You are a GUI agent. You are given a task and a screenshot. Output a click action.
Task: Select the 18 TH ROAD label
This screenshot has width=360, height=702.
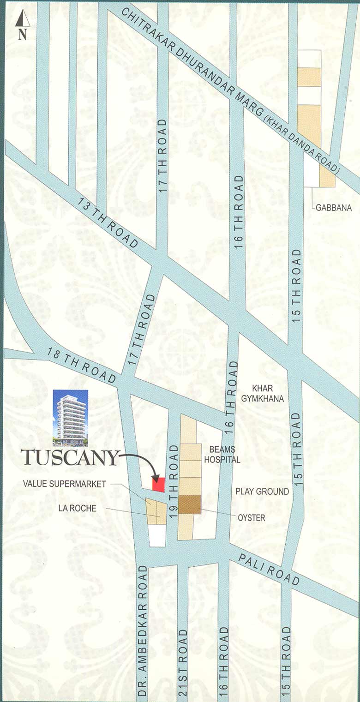pyautogui.click(x=81, y=365)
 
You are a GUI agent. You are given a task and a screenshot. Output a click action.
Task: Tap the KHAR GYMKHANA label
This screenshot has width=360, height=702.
pyautogui.click(x=267, y=393)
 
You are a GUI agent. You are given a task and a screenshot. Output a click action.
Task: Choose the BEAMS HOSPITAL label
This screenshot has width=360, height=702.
pyautogui.click(x=225, y=455)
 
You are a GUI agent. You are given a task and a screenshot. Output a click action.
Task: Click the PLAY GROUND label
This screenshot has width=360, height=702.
pyautogui.click(x=262, y=492)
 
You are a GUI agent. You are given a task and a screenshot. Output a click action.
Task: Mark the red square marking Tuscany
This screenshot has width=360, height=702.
pyautogui.click(x=159, y=484)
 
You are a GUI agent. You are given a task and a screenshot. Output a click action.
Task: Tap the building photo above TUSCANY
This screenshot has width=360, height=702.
pyautogui.click(x=70, y=418)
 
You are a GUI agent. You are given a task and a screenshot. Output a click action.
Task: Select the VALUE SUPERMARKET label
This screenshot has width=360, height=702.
pyautogui.click(x=65, y=484)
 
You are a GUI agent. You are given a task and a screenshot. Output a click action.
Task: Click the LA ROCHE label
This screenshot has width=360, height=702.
pyautogui.click(x=77, y=508)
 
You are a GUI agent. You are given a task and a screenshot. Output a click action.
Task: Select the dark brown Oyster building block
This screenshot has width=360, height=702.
pyautogui.click(x=190, y=504)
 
